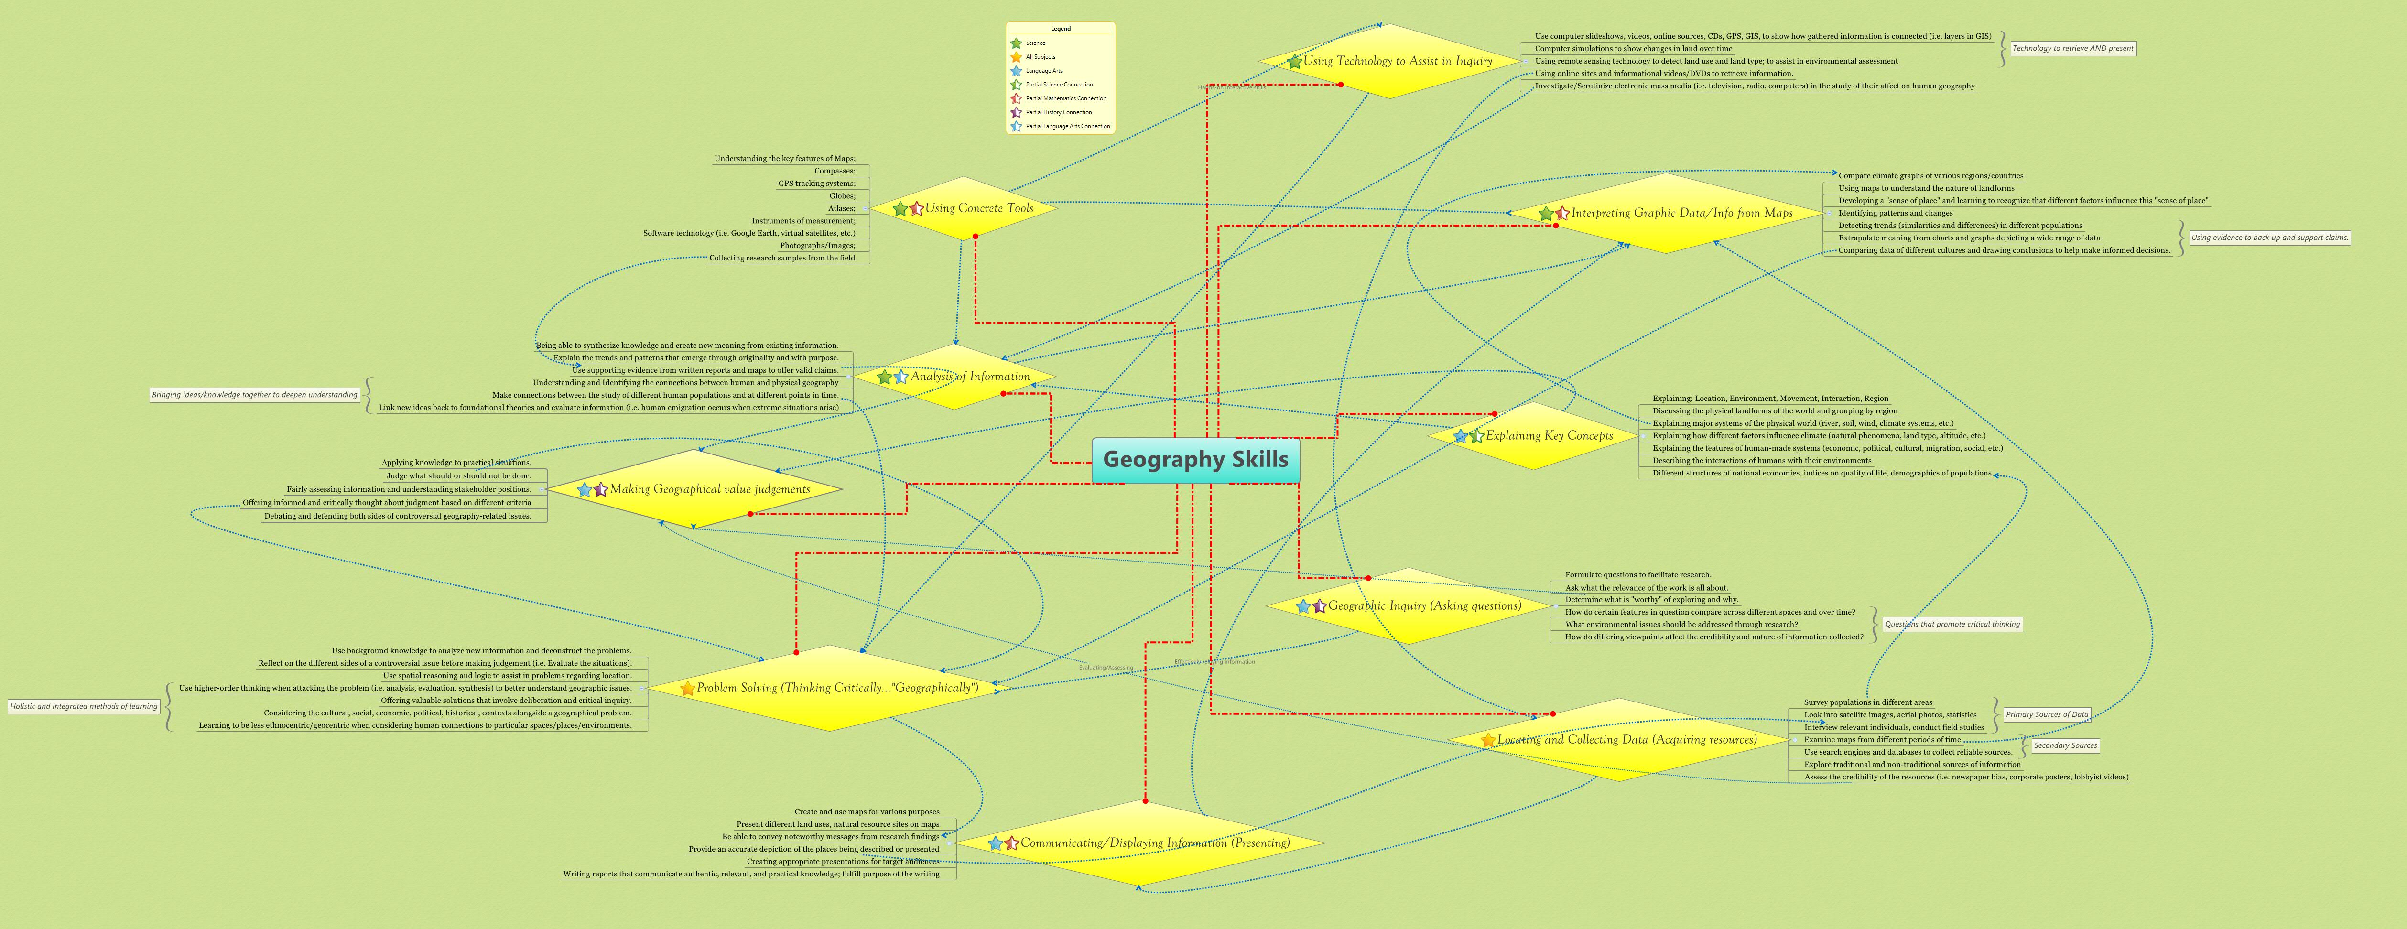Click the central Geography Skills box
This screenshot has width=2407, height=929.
tap(1195, 460)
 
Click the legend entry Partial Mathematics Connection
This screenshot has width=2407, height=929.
tap(1065, 98)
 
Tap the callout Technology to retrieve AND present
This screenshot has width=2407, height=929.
tap(2072, 49)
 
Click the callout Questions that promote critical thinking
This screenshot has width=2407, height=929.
tap(1952, 624)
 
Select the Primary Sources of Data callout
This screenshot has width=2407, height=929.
tap(2046, 715)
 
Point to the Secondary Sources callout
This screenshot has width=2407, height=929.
tap(2065, 746)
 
